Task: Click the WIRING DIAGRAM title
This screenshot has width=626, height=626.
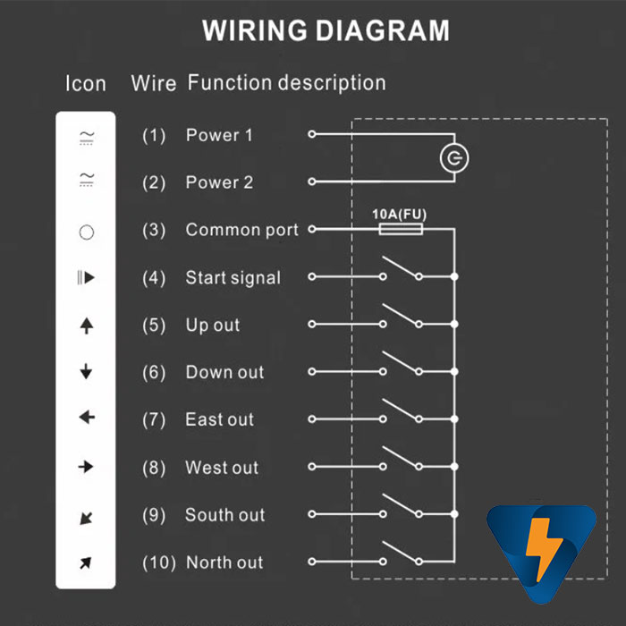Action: (x=326, y=31)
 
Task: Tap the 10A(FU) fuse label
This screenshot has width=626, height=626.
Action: (x=399, y=215)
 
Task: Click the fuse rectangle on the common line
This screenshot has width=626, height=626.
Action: (x=401, y=230)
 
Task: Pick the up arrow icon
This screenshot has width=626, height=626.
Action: (x=86, y=326)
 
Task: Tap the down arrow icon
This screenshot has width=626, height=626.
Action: (x=86, y=371)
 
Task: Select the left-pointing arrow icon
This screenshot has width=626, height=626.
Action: (x=86, y=418)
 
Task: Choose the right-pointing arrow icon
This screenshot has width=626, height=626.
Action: (x=86, y=466)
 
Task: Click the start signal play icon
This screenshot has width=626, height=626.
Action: (x=86, y=278)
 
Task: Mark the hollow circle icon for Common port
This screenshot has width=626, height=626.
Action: (x=86, y=233)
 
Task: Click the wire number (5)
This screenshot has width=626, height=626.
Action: (x=154, y=326)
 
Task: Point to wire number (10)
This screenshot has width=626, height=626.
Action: (x=158, y=563)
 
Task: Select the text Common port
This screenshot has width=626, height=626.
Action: (x=241, y=230)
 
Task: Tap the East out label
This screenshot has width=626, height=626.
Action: (x=219, y=419)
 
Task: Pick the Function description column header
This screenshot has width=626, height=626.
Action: (x=286, y=83)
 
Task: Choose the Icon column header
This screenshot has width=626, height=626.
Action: (x=86, y=84)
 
